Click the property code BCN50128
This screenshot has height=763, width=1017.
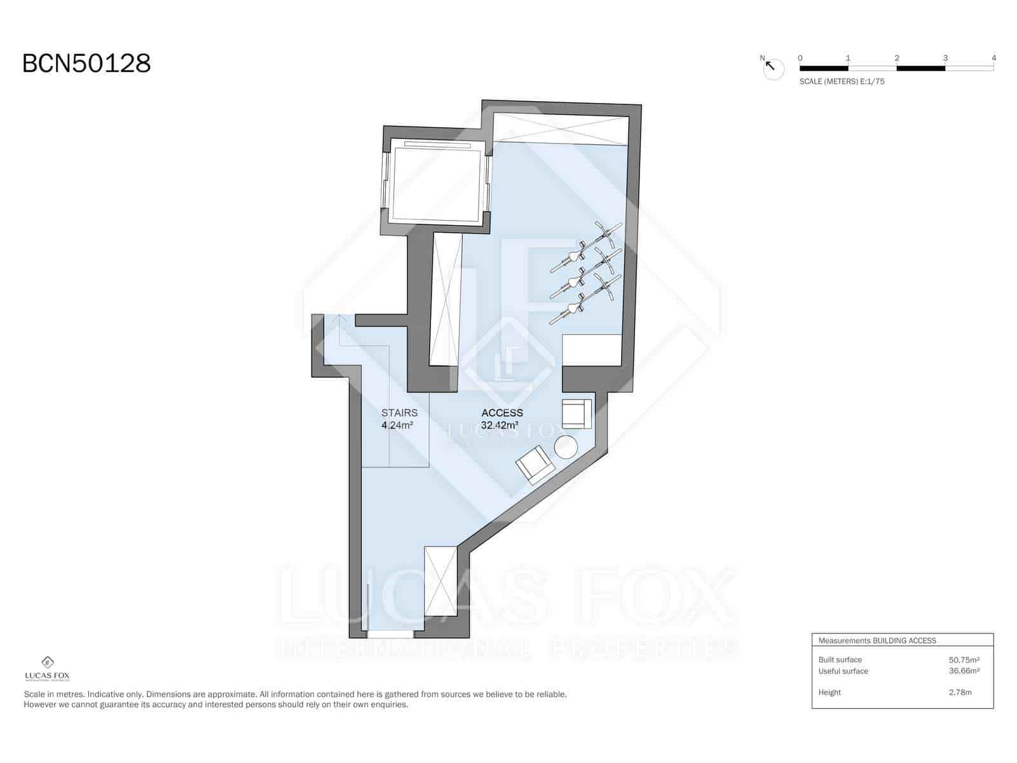(86, 64)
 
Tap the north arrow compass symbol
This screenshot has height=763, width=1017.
(773, 68)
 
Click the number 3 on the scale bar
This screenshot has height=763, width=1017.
(945, 58)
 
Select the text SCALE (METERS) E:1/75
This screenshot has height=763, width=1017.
(842, 81)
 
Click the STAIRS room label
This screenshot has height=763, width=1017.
(399, 413)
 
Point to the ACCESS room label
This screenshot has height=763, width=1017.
(502, 413)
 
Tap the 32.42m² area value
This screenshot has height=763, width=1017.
(499, 425)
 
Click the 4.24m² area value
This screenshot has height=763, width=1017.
(397, 425)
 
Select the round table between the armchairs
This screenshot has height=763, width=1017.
(566, 446)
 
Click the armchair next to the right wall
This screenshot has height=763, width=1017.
(577, 413)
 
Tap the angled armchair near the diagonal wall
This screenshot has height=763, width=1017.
(535, 464)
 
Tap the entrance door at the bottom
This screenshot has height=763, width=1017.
(390, 634)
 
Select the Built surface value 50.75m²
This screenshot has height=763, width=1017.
(964, 659)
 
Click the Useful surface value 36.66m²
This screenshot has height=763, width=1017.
(964, 671)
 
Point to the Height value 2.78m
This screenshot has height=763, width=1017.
(960, 692)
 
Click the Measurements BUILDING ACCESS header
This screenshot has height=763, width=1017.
(877, 640)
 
